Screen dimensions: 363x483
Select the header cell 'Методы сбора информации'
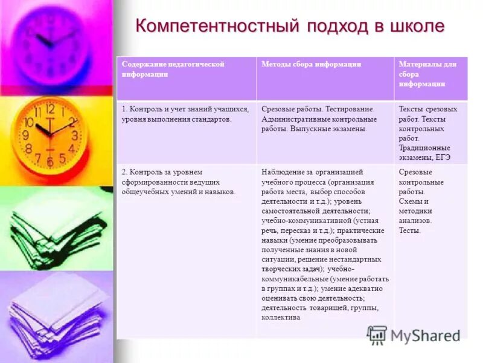click(x=311, y=64)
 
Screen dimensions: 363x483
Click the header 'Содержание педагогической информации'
click(x=173, y=69)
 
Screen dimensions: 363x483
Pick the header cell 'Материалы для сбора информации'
click(x=427, y=74)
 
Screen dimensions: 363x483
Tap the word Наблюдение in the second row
click(x=282, y=172)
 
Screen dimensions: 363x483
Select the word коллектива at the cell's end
click(x=280, y=318)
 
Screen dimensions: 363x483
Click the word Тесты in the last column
click(x=410, y=231)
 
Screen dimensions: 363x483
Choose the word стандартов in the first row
click(x=211, y=119)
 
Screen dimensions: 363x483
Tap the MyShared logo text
click(x=424, y=335)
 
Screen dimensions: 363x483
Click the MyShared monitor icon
click(x=377, y=335)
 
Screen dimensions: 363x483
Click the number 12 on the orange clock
click(x=50, y=110)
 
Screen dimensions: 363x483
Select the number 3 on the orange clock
click(x=74, y=136)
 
